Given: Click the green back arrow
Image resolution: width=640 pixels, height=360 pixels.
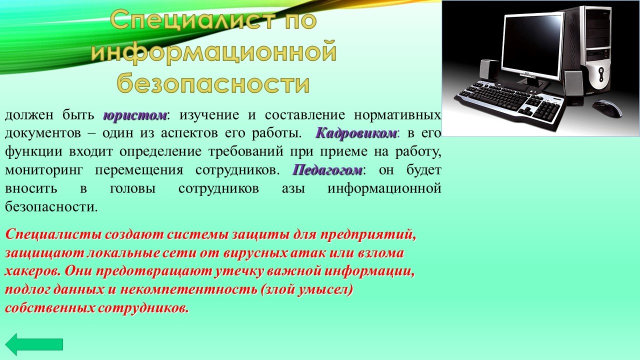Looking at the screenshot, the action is click(34, 344).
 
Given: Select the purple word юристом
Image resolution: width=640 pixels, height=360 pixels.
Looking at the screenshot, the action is click(135, 115).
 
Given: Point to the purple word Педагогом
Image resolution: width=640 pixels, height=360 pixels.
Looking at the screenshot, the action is click(327, 170).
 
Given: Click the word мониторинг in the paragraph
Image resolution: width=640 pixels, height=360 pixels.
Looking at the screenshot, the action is click(44, 170).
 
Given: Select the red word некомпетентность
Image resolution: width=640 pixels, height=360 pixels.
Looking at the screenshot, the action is click(188, 289).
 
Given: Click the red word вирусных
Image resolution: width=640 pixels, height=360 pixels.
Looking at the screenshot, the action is click(255, 253).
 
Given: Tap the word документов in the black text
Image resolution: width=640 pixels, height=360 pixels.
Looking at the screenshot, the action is click(43, 133).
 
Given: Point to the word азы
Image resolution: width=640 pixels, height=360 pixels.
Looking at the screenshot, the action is click(293, 189).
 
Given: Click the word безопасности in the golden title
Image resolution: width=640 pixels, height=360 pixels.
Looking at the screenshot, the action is click(213, 83).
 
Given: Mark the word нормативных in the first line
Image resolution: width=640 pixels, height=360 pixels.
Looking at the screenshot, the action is click(397, 115).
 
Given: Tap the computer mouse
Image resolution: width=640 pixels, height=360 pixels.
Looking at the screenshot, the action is click(607, 107).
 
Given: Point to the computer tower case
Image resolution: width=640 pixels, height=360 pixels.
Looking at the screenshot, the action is click(588, 49).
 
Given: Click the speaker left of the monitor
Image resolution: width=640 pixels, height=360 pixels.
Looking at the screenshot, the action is click(489, 70).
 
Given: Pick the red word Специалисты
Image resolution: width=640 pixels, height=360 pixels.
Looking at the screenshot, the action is click(52, 234).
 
